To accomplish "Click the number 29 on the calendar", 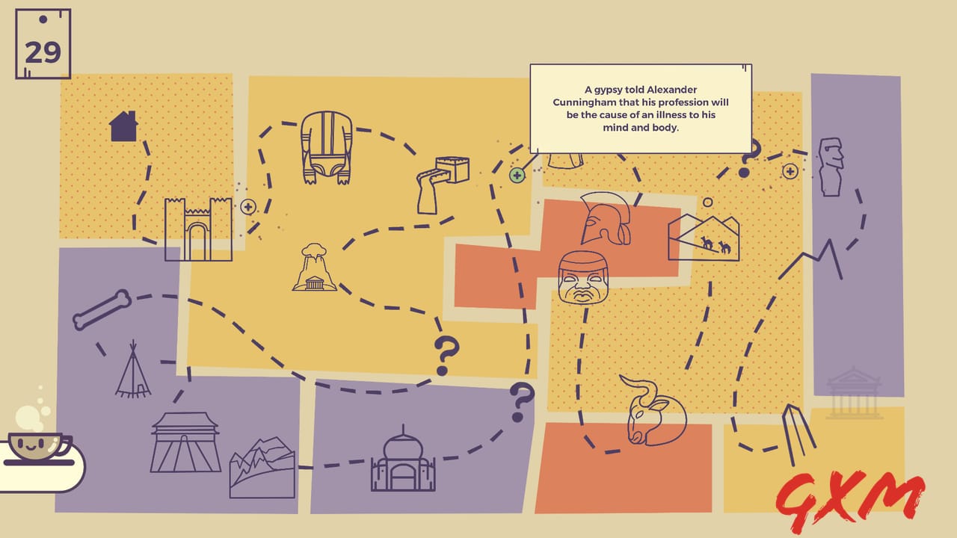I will [x=43, y=52].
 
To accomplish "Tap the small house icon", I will [x=123, y=126].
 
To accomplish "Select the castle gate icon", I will [x=198, y=229].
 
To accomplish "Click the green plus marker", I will [x=517, y=176].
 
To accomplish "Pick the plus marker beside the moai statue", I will [x=790, y=171].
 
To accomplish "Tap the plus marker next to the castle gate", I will [x=248, y=207].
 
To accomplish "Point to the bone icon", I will [x=102, y=309].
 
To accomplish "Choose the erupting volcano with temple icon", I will [x=315, y=268].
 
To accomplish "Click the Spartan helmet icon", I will [x=606, y=218].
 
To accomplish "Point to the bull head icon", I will [x=652, y=410].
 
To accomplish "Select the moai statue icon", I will [x=831, y=167].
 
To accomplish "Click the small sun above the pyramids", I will [x=707, y=202].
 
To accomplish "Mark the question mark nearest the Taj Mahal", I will [x=522, y=401].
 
